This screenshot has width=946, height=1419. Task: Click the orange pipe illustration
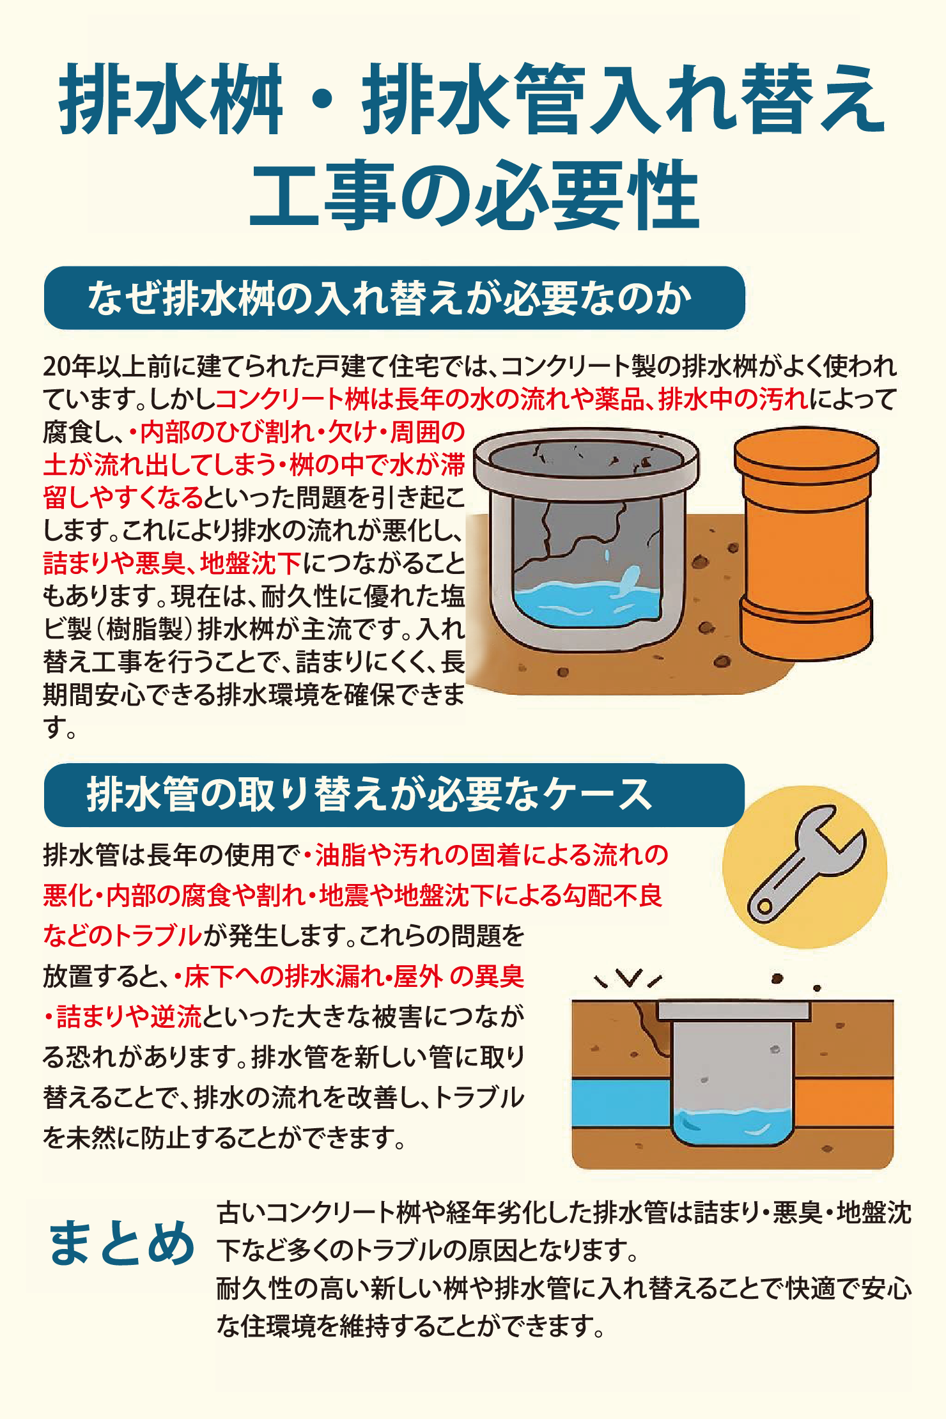[x=805, y=543]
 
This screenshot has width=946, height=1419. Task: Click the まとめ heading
[x=121, y=1243]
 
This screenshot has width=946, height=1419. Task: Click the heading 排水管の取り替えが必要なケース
[x=371, y=795]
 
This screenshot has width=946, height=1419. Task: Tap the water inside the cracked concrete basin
[x=585, y=604]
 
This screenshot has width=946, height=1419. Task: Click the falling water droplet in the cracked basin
[x=607, y=555]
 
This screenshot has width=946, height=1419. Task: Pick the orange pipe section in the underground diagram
[x=844, y=1103]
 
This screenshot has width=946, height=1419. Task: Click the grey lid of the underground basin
[x=734, y=1011]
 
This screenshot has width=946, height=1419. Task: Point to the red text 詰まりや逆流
[x=128, y=1016]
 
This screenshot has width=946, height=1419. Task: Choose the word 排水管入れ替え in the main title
[x=623, y=99]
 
